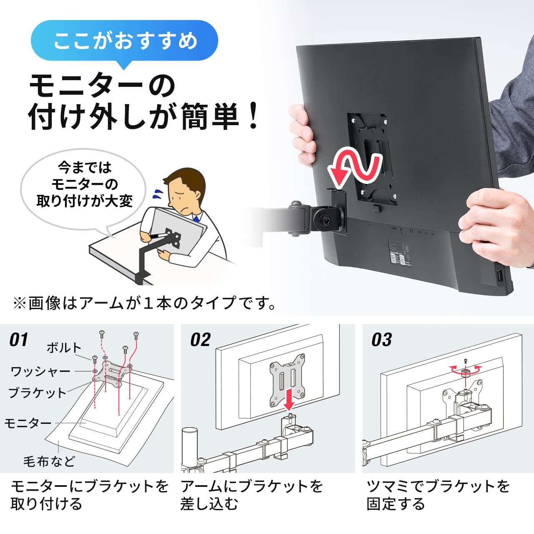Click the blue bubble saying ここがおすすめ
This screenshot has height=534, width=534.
click(x=124, y=41)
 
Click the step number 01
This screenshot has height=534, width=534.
click(x=19, y=340)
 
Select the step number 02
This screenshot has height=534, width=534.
click(x=200, y=340)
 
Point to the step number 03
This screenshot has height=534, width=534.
click(x=381, y=340)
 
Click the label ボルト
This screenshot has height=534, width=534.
click(x=63, y=348)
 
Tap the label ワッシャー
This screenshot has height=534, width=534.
click(x=40, y=371)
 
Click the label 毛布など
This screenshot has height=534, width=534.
click(x=49, y=461)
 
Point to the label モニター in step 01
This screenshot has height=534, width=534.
click(x=28, y=423)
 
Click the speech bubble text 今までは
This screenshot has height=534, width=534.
click(x=85, y=167)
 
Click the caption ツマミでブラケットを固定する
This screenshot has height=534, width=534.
click(x=438, y=495)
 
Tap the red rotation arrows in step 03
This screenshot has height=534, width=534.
click(x=466, y=369)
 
